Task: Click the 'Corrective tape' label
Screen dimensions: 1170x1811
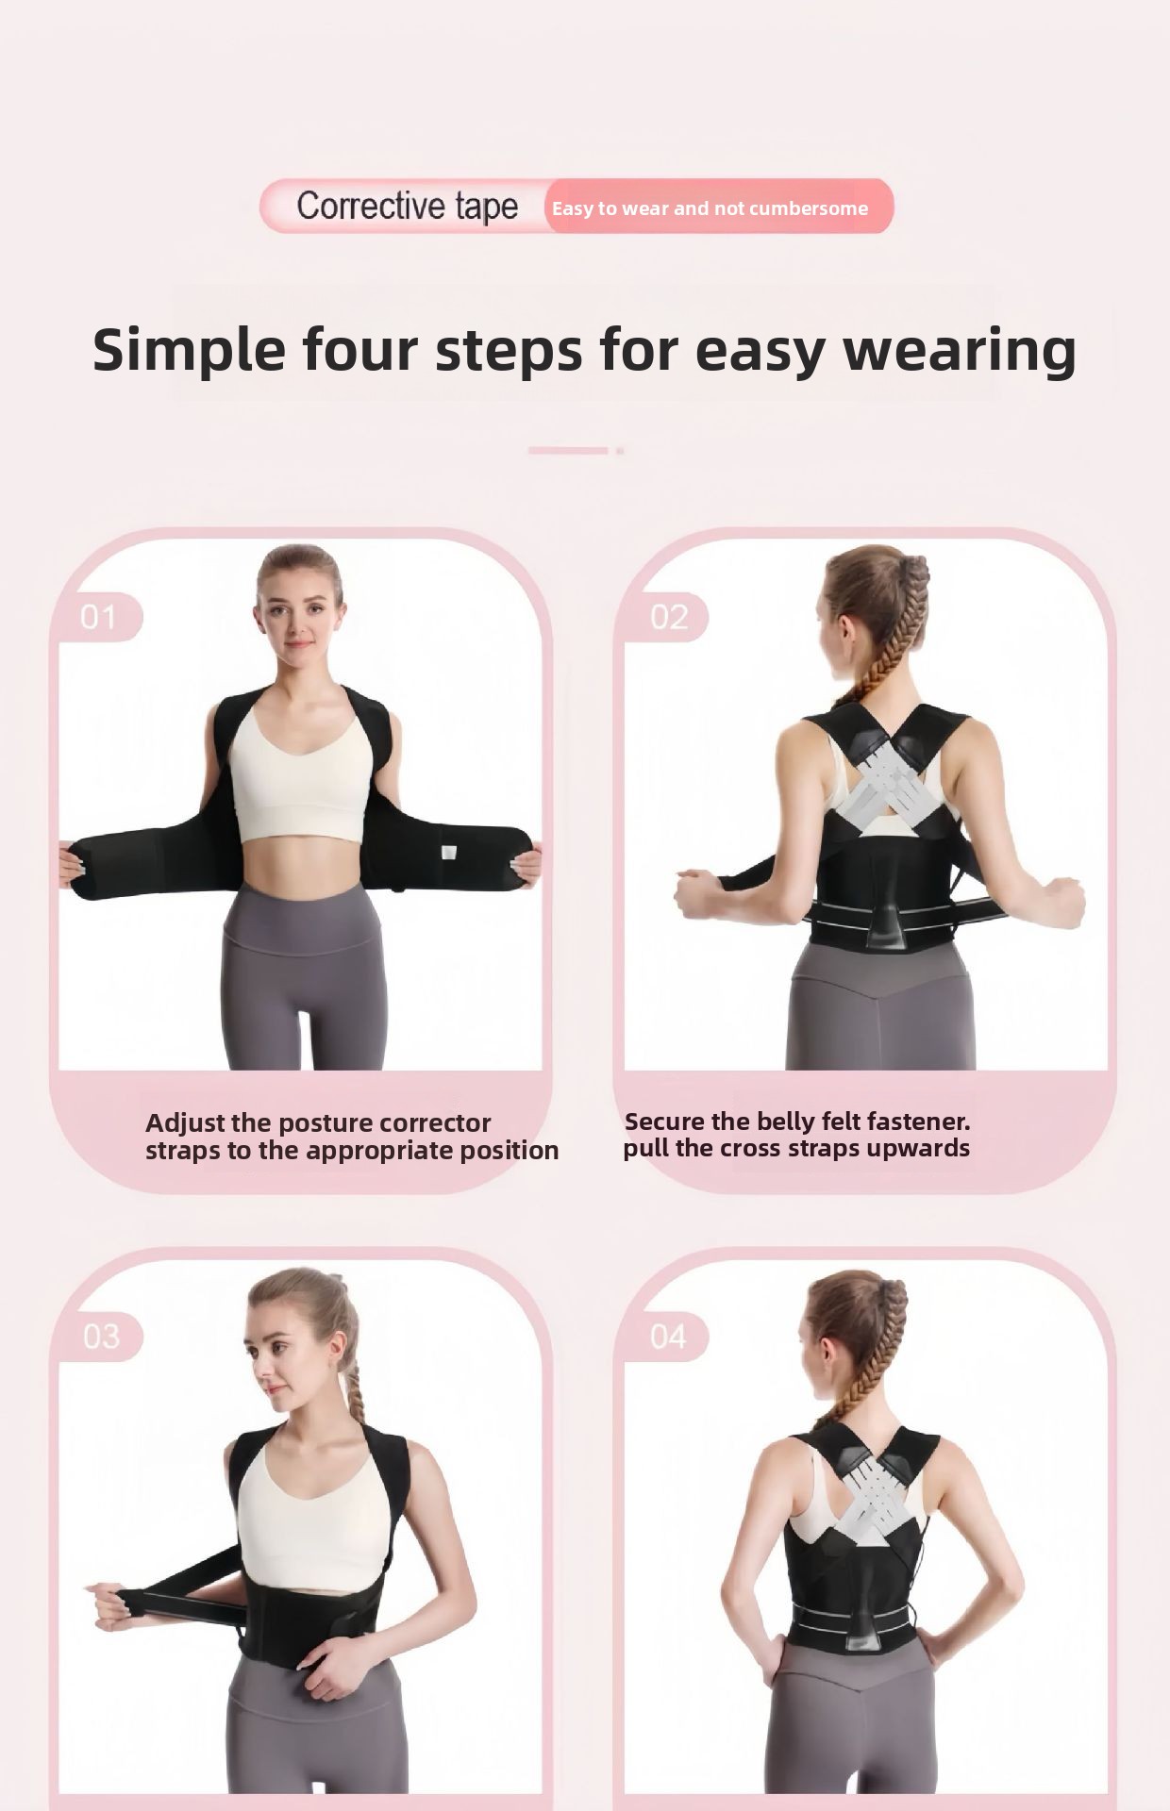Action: coord(407,207)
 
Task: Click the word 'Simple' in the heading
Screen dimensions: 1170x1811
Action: coord(189,351)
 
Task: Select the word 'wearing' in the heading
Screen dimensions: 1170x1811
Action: coord(959,351)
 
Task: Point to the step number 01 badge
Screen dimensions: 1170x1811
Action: coord(99,617)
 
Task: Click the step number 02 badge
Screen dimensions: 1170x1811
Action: coord(668,617)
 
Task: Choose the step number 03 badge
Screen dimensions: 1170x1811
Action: coord(100,1337)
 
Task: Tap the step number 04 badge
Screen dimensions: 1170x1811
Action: coord(668,1337)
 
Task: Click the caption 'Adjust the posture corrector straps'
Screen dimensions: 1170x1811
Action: coord(352,1137)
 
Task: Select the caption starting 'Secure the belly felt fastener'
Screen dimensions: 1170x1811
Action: coord(796,1135)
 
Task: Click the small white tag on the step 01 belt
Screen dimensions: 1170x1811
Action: coord(449,853)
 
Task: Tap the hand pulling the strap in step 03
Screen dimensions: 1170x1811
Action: coord(110,1607)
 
